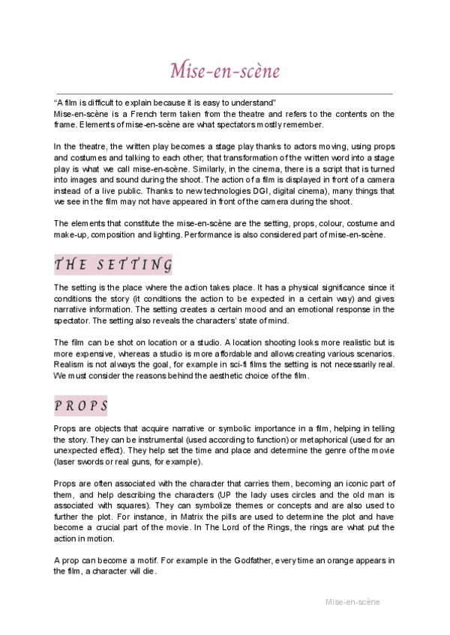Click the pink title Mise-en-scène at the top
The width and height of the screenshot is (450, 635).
coord(225,72)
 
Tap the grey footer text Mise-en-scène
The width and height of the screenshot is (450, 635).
coord(352,601)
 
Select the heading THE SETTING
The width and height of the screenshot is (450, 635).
coord(113,265)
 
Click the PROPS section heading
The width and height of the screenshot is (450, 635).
coord(81,406)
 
